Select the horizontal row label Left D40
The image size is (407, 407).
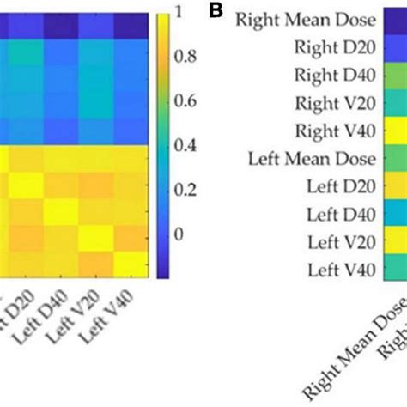tap(344, 215)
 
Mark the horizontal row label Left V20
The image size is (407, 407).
tap(344, 243)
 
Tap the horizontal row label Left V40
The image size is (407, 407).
tap(344, 270)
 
